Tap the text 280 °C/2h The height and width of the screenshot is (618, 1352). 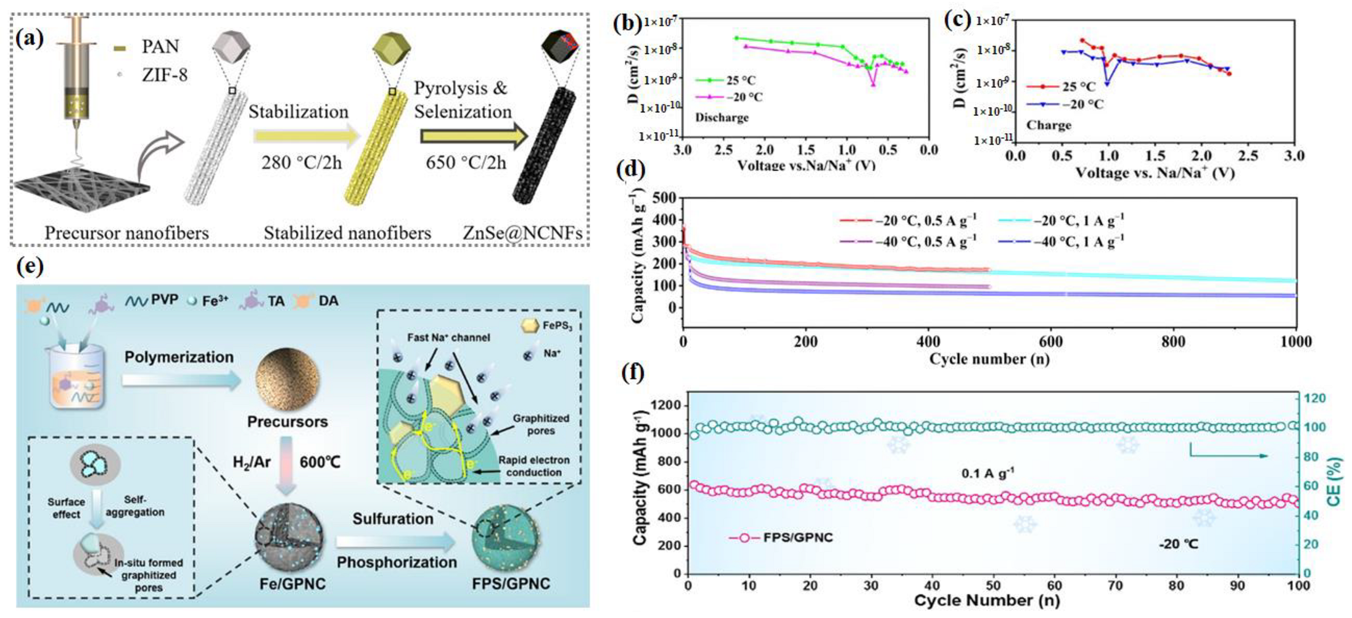302,163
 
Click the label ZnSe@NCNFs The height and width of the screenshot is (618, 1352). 522,233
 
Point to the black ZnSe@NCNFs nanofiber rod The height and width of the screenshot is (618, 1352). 545,145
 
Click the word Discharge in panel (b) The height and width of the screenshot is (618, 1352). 722,117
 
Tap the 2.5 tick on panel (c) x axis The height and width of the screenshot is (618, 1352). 1248,155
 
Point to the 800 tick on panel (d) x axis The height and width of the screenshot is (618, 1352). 1173,342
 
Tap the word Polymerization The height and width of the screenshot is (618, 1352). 179,357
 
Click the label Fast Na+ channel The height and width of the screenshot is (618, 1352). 448,337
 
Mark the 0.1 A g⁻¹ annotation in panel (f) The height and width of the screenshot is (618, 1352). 987,474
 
